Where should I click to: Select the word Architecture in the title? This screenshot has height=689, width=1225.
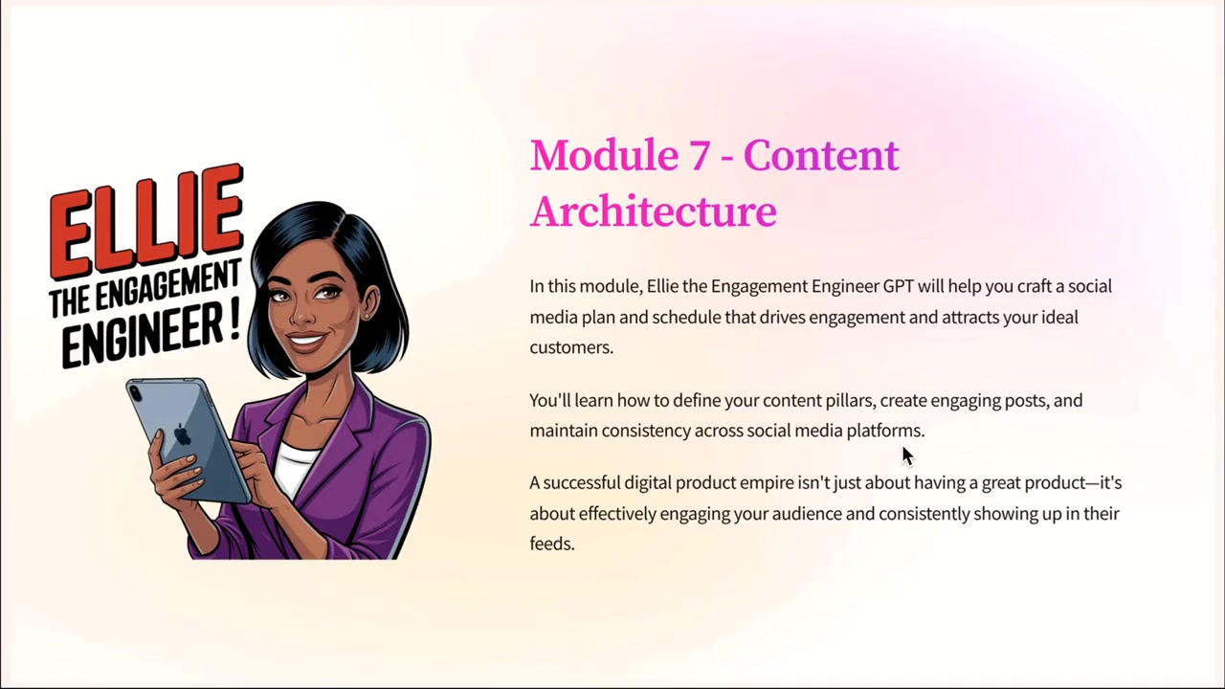click(x=654, y=211)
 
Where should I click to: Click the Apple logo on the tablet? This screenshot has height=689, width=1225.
click(x=182, y=434)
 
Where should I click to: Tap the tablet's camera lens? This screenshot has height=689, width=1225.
click(x=135, y=392)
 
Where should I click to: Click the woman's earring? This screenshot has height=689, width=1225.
click(x=367, y=317)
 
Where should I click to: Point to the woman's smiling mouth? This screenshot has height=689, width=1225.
click(x=306, y=342)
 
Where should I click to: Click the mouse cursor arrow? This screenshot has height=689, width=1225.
click(x=907, y=456)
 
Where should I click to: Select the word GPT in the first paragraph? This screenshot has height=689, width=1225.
click(x=898, y=286)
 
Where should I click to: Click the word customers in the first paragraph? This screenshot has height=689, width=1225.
click(x=571, y=347)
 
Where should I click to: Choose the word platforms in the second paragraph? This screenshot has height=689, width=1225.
click(x=885, y=432)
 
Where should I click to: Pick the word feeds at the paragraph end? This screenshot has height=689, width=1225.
click(x=552, y=545)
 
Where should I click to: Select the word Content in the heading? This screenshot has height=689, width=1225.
click(x=821, y=155)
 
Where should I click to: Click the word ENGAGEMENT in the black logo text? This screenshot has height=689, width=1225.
click(x=167, y=287)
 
